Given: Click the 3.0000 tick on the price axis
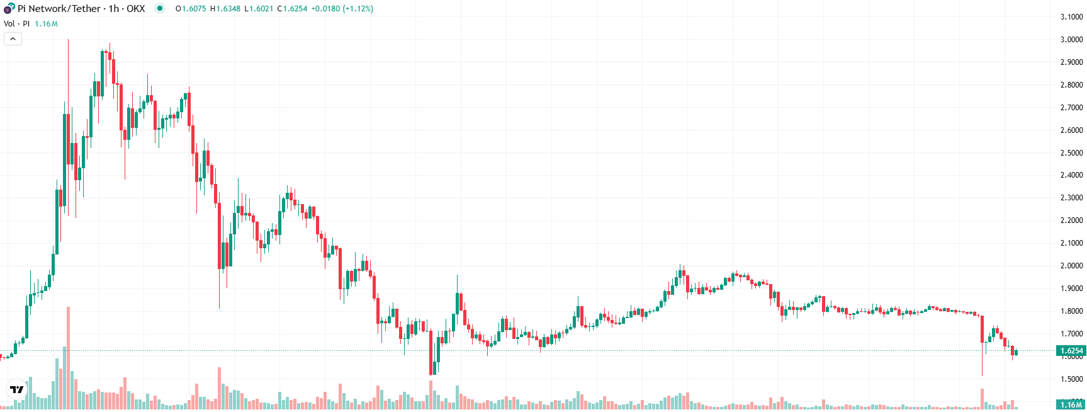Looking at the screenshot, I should (x=1071, y=39).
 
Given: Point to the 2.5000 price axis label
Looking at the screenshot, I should (x=1071, y=152).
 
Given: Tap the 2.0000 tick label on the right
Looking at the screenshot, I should (x=1071, y=266).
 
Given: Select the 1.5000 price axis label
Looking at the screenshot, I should (x=1071, y=379).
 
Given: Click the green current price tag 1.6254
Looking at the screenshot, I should (x=1071, y=351).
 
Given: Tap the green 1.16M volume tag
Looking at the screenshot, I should (x=1071, y=404).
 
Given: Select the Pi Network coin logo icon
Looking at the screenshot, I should (x=9, y=9).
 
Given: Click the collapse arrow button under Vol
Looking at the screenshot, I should (x=13, y=39).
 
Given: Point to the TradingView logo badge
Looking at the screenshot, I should (x=17, y=390).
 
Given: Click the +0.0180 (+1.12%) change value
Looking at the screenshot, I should (x=342, y=9).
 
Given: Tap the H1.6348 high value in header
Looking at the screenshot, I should (x=225, y=9).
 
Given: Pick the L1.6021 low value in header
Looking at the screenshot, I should (x=259, y=9).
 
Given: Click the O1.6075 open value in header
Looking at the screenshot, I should (x=191, y=9).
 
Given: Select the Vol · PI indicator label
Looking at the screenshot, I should (x=16, y=24).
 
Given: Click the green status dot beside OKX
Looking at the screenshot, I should (x=160, y=9).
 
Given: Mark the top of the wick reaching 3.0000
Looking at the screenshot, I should (x=68, y=40).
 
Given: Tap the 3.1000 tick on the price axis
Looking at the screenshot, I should (x=1071, y=16).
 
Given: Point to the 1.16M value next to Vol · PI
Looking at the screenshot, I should (x=46, y=24).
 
